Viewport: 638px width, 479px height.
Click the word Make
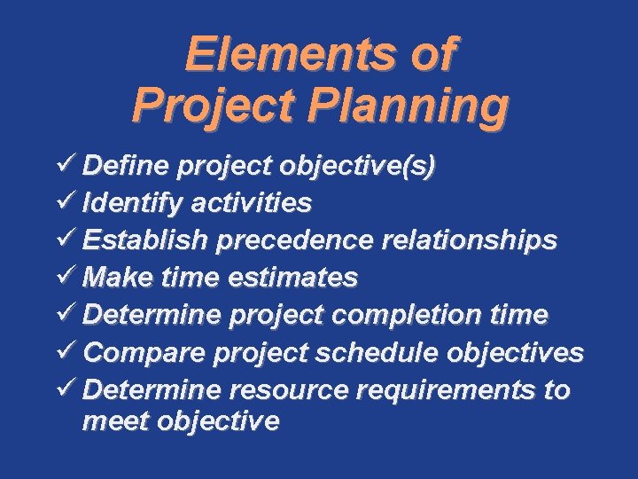click(115, 279)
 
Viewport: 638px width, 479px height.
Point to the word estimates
click(293, 279)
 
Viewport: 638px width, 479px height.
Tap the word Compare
click(143, 353)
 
